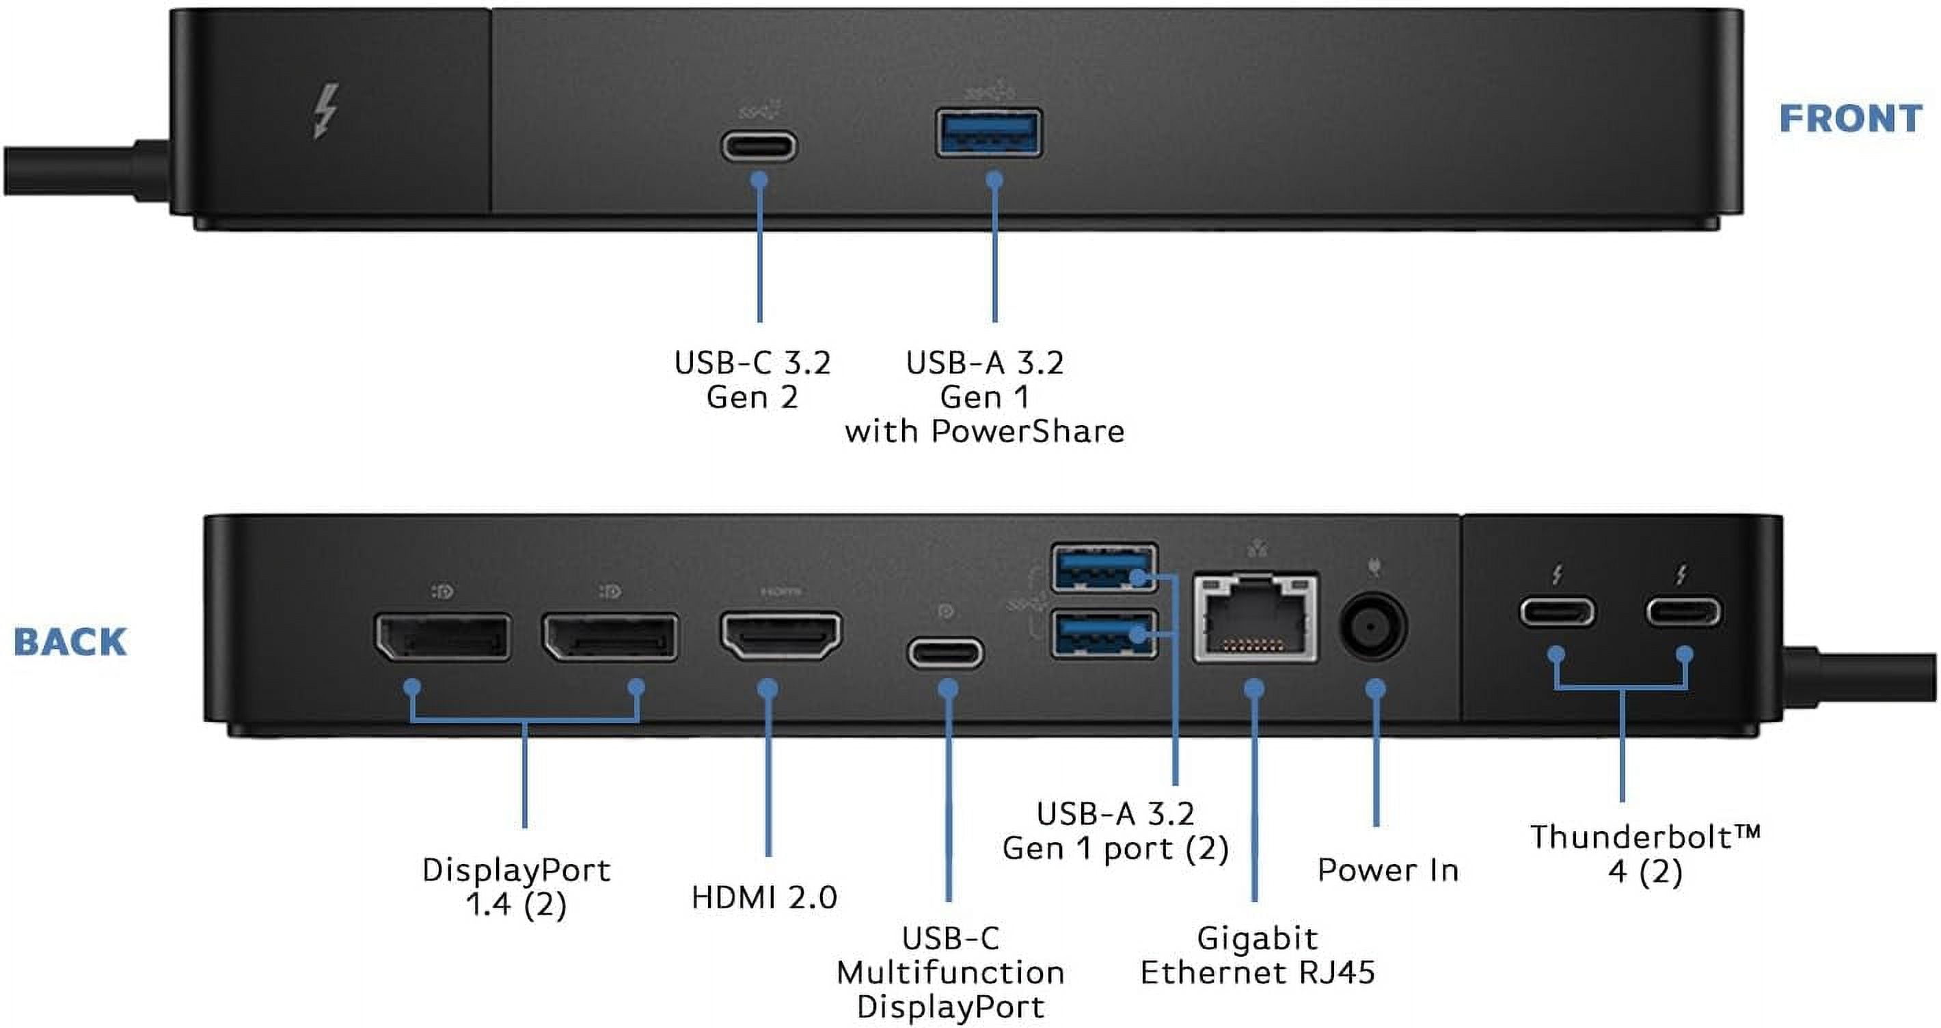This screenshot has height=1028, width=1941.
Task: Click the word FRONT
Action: tap(1850, 119)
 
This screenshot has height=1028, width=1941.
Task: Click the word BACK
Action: tap(70, 642)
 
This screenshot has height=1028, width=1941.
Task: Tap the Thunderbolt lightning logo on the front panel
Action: tap(325, 111)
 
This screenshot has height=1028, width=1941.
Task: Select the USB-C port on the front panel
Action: tap(759, 146)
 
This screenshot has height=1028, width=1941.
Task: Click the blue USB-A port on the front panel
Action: tap(988, 133)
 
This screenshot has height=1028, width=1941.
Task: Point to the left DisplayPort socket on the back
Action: tap(443, 638)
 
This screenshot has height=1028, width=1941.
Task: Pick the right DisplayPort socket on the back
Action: tap(610, 638)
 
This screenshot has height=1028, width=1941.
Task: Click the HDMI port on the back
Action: tap(781, 636)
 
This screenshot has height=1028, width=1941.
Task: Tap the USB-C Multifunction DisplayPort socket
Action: tap(945, 653)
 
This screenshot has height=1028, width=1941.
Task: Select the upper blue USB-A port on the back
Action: tap(1104, 567)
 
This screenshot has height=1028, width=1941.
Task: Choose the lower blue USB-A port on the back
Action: tap(1104, 633)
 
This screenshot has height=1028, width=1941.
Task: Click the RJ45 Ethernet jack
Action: tap(1255, 618)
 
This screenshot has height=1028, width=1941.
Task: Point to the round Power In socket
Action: tap(1373, 627)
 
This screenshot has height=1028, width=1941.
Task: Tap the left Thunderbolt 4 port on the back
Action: tap(1557, 611)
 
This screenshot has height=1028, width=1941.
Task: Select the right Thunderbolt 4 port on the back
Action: tap(1683, 611)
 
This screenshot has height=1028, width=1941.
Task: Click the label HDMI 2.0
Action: tap(764, 897)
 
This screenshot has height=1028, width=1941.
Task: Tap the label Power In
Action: tap(1388, 869)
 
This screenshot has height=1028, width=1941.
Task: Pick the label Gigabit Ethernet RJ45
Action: tap(1257, 956)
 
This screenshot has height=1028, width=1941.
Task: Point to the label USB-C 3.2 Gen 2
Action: tap(752, 380)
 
